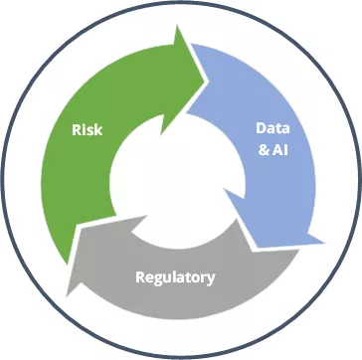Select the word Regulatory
pos(175,277)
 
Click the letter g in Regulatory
pos(160,279)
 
